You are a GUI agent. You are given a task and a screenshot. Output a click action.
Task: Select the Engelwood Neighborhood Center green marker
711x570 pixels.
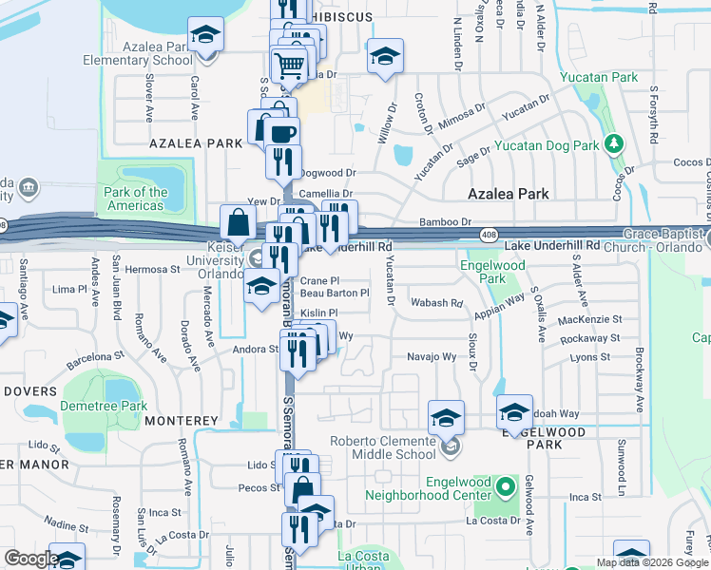coord(506,489)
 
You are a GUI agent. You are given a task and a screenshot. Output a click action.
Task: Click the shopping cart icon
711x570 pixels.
coord(289,65)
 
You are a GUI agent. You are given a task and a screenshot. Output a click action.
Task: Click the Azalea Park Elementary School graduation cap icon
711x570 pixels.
coord(205,36)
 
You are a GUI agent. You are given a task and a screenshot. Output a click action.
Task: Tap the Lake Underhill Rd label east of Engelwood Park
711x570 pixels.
coord(553,245)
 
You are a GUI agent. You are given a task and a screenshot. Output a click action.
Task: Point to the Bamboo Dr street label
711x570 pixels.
coord(446,222)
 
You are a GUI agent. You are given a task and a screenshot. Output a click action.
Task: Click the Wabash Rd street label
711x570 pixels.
coord(436,303)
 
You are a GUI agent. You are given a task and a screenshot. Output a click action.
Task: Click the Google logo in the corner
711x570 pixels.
coord(31,559)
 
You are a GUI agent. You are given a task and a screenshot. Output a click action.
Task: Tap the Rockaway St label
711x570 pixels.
coord(589,337)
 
